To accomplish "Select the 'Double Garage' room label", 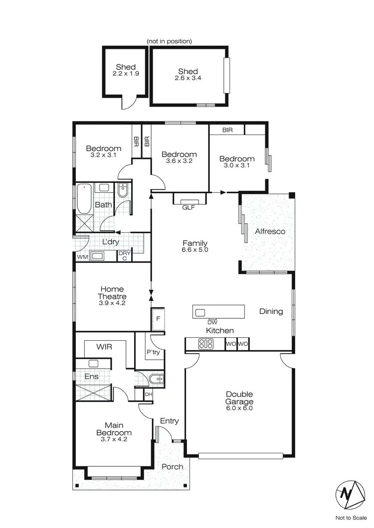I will tap(239, 398).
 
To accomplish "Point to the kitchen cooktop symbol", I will tap(205, 344).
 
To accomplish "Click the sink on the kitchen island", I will tap(200, 312).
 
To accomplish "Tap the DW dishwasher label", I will tap(213, 322).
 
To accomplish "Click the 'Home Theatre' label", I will tap(112, 292).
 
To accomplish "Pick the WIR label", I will tap(105, 346).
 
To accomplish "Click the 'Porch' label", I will tap(172, 467).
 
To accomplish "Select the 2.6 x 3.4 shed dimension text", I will tap(187, 79).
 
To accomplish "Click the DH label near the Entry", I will tap(148, 395).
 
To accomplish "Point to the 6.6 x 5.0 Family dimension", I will tap(195, 250).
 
